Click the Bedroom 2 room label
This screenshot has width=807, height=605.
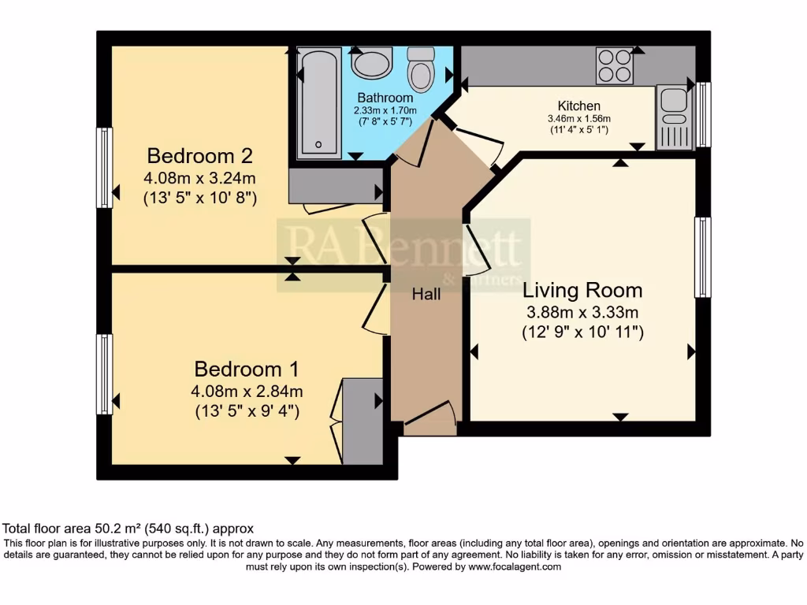pos(199,154)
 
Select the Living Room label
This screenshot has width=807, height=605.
pos(582,290)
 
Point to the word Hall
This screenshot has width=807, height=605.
pos(426,295)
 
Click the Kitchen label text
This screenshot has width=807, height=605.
pos(578,106)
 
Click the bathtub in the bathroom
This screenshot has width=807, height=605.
pos(319,102)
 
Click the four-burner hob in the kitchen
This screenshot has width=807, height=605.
pos(615,66)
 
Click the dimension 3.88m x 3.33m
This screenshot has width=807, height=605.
pos(582,312)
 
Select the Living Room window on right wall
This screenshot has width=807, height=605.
pos(701,258)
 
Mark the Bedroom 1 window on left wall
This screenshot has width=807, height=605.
pos(104,374)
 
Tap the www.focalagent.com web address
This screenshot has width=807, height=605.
pos(514,566)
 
